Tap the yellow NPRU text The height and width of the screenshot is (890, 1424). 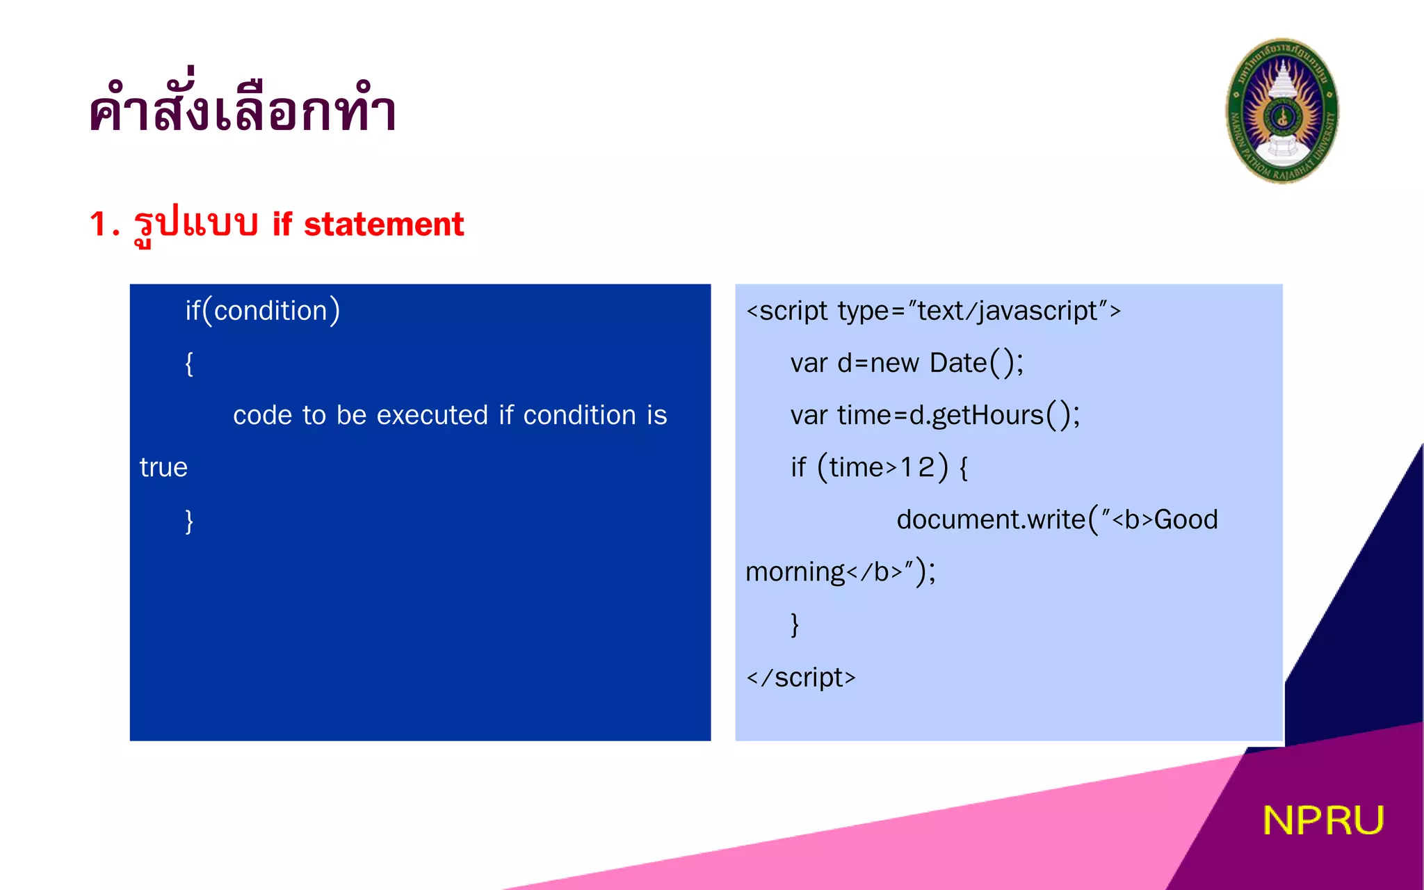(x=1322, y=820)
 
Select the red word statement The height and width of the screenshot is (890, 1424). (x=384, y=225)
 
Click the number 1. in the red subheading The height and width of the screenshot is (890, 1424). (x=104, y=225)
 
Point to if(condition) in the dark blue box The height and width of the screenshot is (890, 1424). (x=262, y=311)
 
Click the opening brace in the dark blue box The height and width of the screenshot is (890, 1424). (x=189, y=363)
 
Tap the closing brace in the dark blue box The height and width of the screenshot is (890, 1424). (x=189, y=520)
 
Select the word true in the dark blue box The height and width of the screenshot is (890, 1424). (x=163, y=468)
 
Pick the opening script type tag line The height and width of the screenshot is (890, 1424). (x=933, y=311)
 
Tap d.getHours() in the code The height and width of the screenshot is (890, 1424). (x=992, y=416)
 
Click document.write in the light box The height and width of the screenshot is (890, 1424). (x=990, y=520)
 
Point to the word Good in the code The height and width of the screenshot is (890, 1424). (x=1186, y=520)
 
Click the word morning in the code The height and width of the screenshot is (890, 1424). (x=795, y=572)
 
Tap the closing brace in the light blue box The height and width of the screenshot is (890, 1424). (x=795, y=624)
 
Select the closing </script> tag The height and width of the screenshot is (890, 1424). (x=800, y=677)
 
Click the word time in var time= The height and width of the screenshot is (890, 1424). (x=864, y=416)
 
